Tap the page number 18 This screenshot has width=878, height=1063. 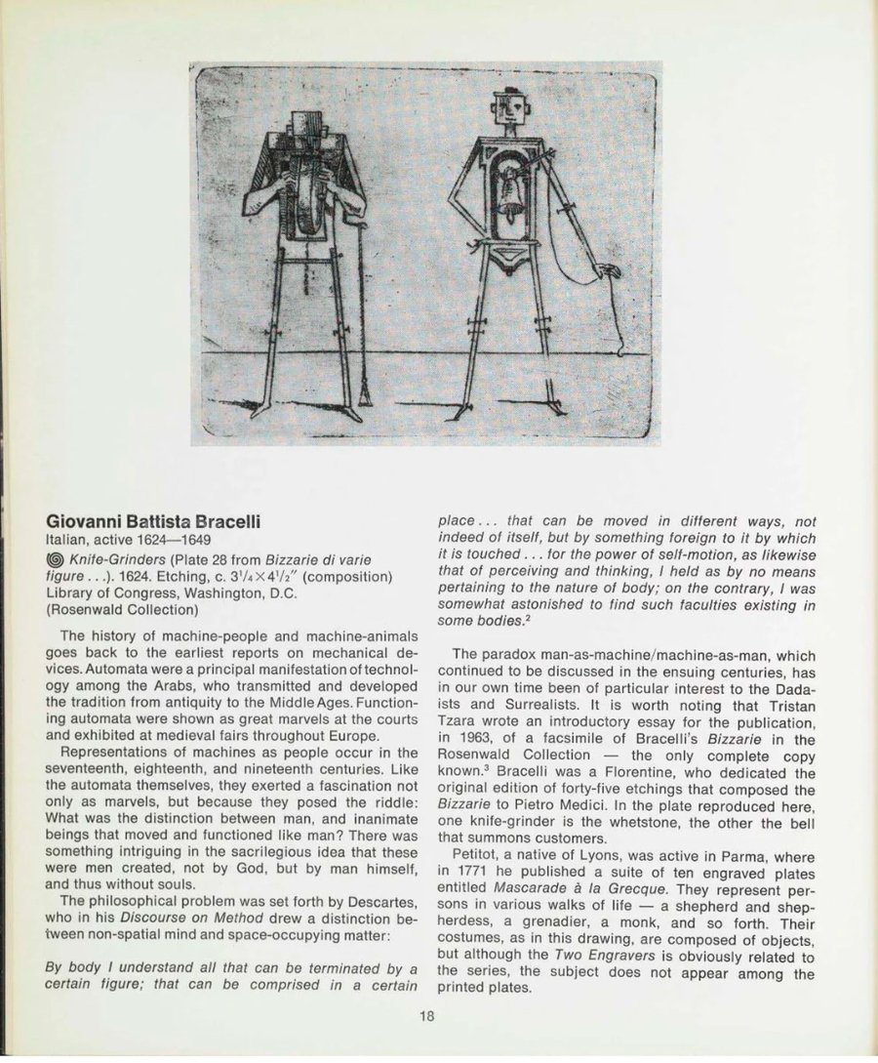(427, 1016)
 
